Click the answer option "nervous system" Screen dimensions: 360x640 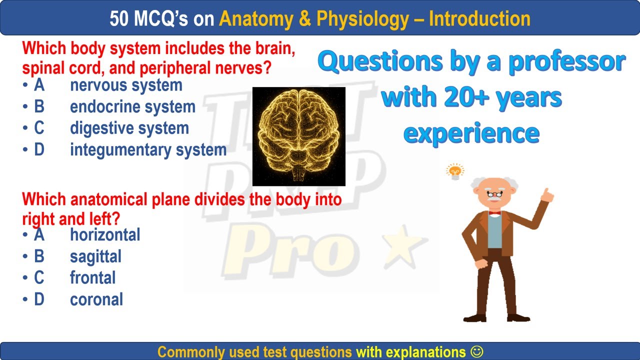point(126,85)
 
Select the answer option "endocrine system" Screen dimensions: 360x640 point(132,107)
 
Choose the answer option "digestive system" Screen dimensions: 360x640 point(129,128)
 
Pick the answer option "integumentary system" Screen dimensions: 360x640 point(148,150)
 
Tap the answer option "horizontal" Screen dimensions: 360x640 point(105,235)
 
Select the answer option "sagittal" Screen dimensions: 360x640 point(95,256)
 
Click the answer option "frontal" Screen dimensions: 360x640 point(92,278)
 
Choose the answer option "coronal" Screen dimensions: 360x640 point(96,299)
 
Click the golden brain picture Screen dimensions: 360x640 point(298,136)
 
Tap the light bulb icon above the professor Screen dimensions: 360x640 point(455,172)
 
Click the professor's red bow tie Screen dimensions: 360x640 point(494,212)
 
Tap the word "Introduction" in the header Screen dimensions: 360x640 point(479,19)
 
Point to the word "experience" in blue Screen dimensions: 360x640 point(471,132)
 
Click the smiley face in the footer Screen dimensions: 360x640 point(477,351)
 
